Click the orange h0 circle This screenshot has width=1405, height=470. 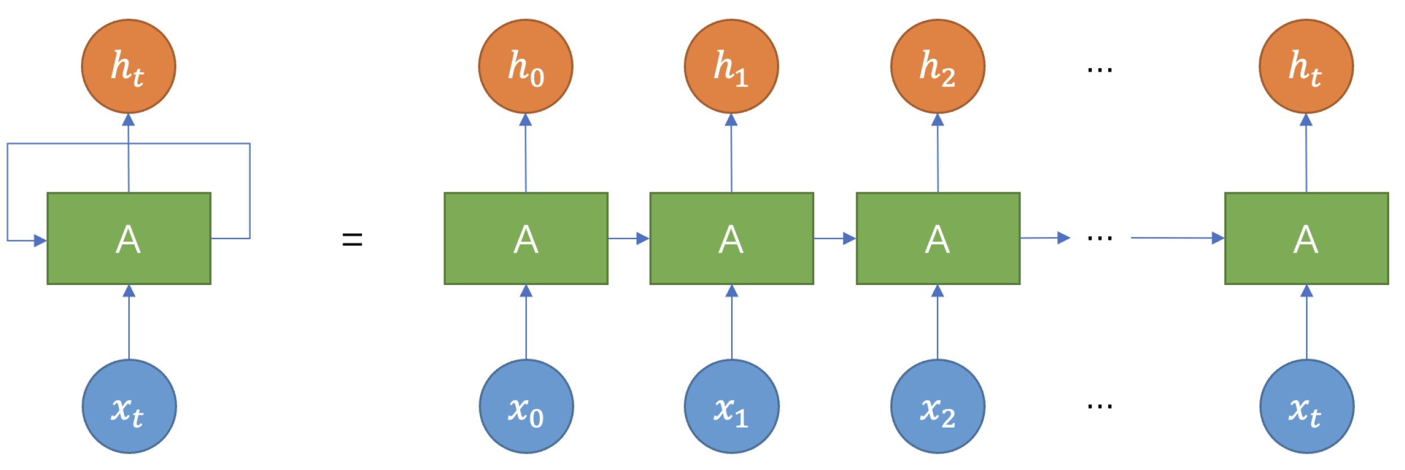526,66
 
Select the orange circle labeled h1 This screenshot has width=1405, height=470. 731,66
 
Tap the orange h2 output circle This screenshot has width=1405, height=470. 937,66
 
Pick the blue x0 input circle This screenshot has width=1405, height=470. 526,406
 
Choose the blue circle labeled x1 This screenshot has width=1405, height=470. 732,406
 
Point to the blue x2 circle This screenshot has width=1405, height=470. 938,406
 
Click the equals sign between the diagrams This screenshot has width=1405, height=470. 352,239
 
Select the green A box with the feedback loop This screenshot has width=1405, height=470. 129,239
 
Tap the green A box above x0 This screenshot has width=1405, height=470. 526,239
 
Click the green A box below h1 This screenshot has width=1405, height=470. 732,239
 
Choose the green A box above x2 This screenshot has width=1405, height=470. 938,239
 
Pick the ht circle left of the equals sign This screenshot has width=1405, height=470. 129,66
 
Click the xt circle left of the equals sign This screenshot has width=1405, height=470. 129,406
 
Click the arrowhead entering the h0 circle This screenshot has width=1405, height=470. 526,120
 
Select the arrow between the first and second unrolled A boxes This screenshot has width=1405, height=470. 629,239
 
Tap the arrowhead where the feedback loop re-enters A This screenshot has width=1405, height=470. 40,241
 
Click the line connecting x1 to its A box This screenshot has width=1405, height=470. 732,328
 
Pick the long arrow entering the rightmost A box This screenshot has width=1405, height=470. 1178,238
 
